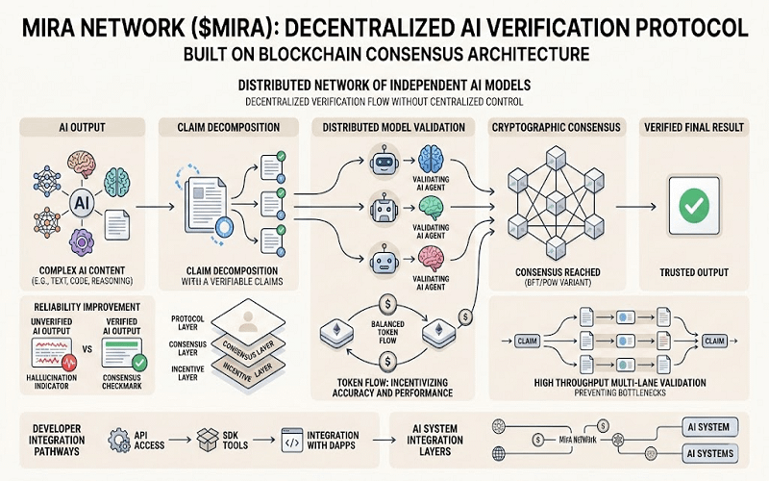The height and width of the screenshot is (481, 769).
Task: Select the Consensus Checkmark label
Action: [128, 380]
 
